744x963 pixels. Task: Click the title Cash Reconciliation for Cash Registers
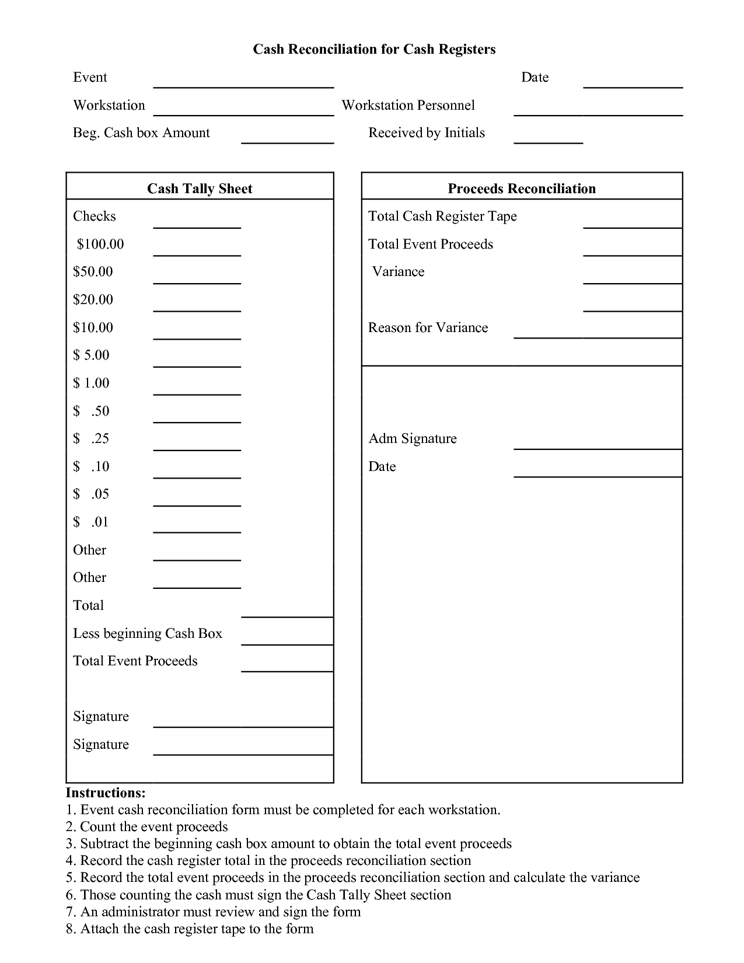pyautogui.click(x=374, y=49)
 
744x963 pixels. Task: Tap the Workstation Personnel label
pyautogui.click(x=408, y=106)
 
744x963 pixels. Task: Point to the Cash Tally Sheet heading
pyautogui.click(x=200, y=189)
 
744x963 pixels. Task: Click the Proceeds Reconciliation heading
pyautogui.click(x=522, y=189)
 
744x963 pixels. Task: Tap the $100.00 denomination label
pyautogui.click(x=100, y=244)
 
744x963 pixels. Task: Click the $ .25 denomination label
pyautogui.click(x=91, y=438)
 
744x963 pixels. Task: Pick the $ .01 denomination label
pyautogui.click(x=91, y=522)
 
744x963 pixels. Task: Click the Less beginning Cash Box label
pyautogui.click(x=148, y=633)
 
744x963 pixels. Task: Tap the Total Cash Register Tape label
pyautogui.click(x=442, y=217)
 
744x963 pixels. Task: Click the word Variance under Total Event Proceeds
pyautogui.click(x=398, y=272)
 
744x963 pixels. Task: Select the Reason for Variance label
pyautogui.click(x=428, y=327)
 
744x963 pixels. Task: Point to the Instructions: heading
pyautogui.click(x=106, y=793)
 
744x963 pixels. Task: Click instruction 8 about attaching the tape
pyautogui.click(x=190, y=929)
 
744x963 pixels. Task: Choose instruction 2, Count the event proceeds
pyautogui.click(x=146, y=827)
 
